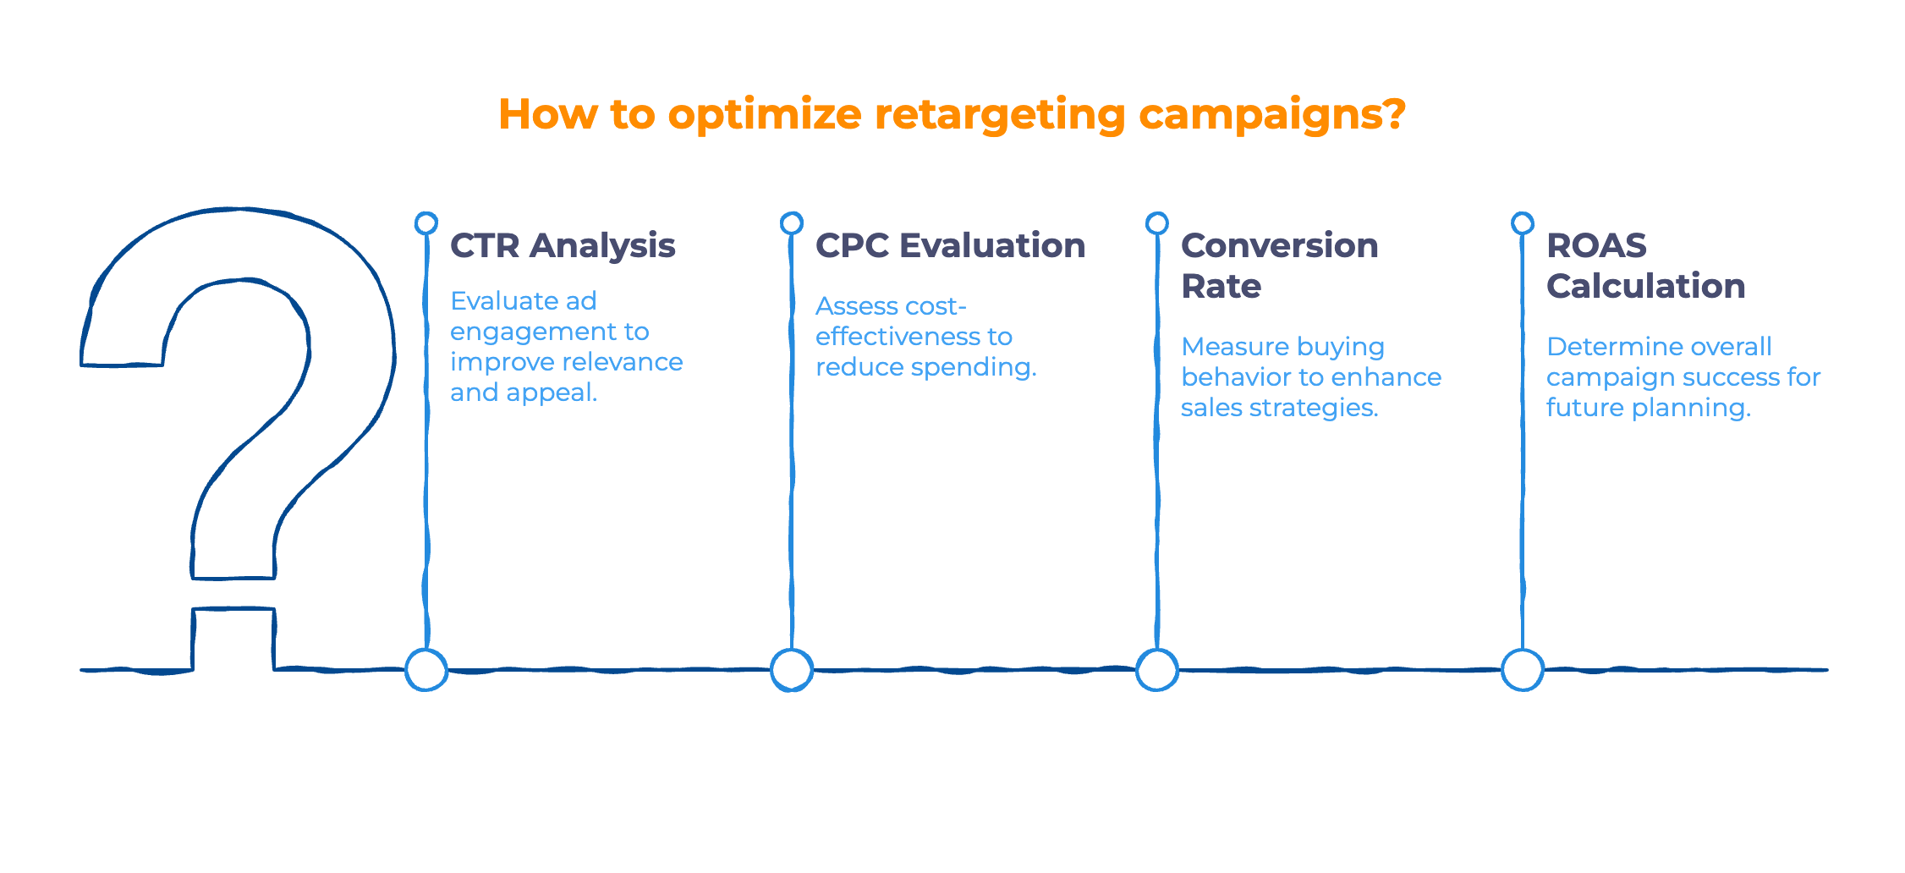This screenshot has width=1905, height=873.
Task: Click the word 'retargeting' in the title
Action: coord(999,115)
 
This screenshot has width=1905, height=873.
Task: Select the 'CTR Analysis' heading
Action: coord(563,245)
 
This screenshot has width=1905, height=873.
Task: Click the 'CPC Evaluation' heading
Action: coord(950,245)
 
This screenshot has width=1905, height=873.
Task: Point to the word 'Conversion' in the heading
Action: coord(1279,245)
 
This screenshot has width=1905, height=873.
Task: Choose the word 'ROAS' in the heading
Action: coord(1596,245)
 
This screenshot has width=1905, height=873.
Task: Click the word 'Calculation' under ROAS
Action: coord(1645,286)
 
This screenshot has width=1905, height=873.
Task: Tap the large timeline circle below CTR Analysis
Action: coord(426,670)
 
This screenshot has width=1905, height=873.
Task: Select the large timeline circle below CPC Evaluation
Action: coord(792,670)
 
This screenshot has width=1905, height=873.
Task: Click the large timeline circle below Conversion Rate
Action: coord(1157,670)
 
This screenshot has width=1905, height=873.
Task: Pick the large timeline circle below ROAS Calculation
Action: coord(1523,670)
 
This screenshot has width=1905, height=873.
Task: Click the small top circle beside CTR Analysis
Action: coord(426,222)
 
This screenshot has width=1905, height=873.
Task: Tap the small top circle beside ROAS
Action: coord(1523,222)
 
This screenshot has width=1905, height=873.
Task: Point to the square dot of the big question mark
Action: coord(233,639)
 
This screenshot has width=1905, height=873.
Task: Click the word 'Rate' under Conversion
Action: coord(1221,286)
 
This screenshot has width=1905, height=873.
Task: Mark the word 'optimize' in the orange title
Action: coord(765,115)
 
